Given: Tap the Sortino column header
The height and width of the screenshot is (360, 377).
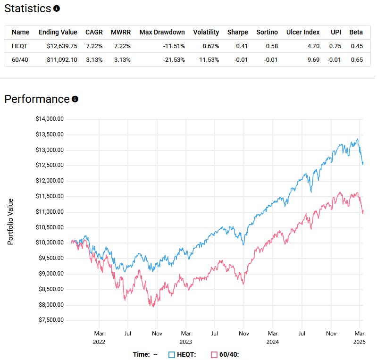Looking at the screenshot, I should tap(267, 32).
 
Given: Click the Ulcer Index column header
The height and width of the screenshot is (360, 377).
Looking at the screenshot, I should tap(303, 32).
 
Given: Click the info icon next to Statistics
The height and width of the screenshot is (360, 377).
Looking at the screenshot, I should tap(57, 8).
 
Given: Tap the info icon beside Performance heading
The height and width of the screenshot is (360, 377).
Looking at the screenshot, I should tap(75, 99).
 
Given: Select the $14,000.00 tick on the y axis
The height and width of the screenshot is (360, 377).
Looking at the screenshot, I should tap(50, 119).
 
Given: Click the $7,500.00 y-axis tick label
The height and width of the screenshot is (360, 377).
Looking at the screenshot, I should tap(50, 320).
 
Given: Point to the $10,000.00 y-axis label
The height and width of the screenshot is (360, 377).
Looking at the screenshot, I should tap(50, 243).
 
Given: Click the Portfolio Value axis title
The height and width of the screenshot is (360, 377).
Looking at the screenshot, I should tap(10, 221).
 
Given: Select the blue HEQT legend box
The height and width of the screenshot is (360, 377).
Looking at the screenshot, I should tap(172, 354).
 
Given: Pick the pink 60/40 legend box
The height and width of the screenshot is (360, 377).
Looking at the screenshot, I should tap(214, 354).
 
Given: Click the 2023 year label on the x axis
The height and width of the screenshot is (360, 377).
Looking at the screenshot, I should tap(186, 342).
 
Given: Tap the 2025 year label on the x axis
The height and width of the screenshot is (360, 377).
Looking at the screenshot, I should tap(360, 342).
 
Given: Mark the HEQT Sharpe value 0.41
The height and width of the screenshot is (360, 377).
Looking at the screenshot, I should tap(242, 46).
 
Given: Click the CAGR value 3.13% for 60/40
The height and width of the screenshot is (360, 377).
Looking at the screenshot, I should tap(94, 59).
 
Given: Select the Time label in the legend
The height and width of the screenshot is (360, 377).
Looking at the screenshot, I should tap(141, 354).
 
